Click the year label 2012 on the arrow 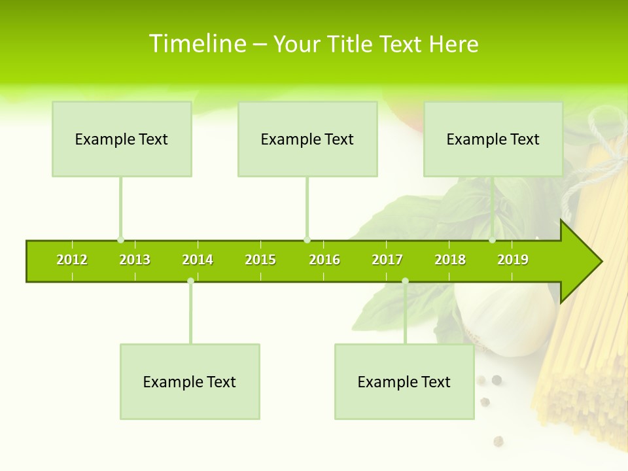click(72, 260)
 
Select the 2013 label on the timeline click(135, 260)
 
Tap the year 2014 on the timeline click(198, 260)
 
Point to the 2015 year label click(260, 260)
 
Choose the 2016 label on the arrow click(324, 260)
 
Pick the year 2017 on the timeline click(387, 260)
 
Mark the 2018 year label click(450, 260)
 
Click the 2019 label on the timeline click(513, 260)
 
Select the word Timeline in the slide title click(197, 44)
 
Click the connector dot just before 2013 click(120, 240)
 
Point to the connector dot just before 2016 click(307, 240)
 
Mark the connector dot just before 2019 click(493, 240)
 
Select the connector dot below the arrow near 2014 click(190, 281)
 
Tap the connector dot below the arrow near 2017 click(405, 281)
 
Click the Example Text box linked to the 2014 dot click(190, 381)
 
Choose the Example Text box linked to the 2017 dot click(404, 381)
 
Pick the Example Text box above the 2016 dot click(307, 139)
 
